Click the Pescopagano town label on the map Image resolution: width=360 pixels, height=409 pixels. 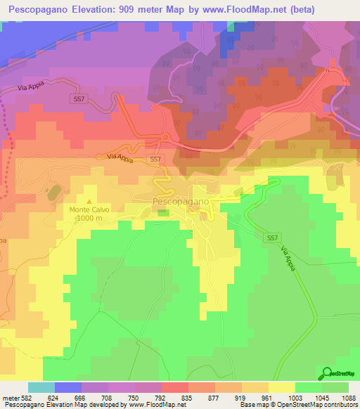click(181, 202)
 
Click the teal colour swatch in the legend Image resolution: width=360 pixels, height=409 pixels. click(41, 387)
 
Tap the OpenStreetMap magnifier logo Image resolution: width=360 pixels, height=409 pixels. click(328, 374)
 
